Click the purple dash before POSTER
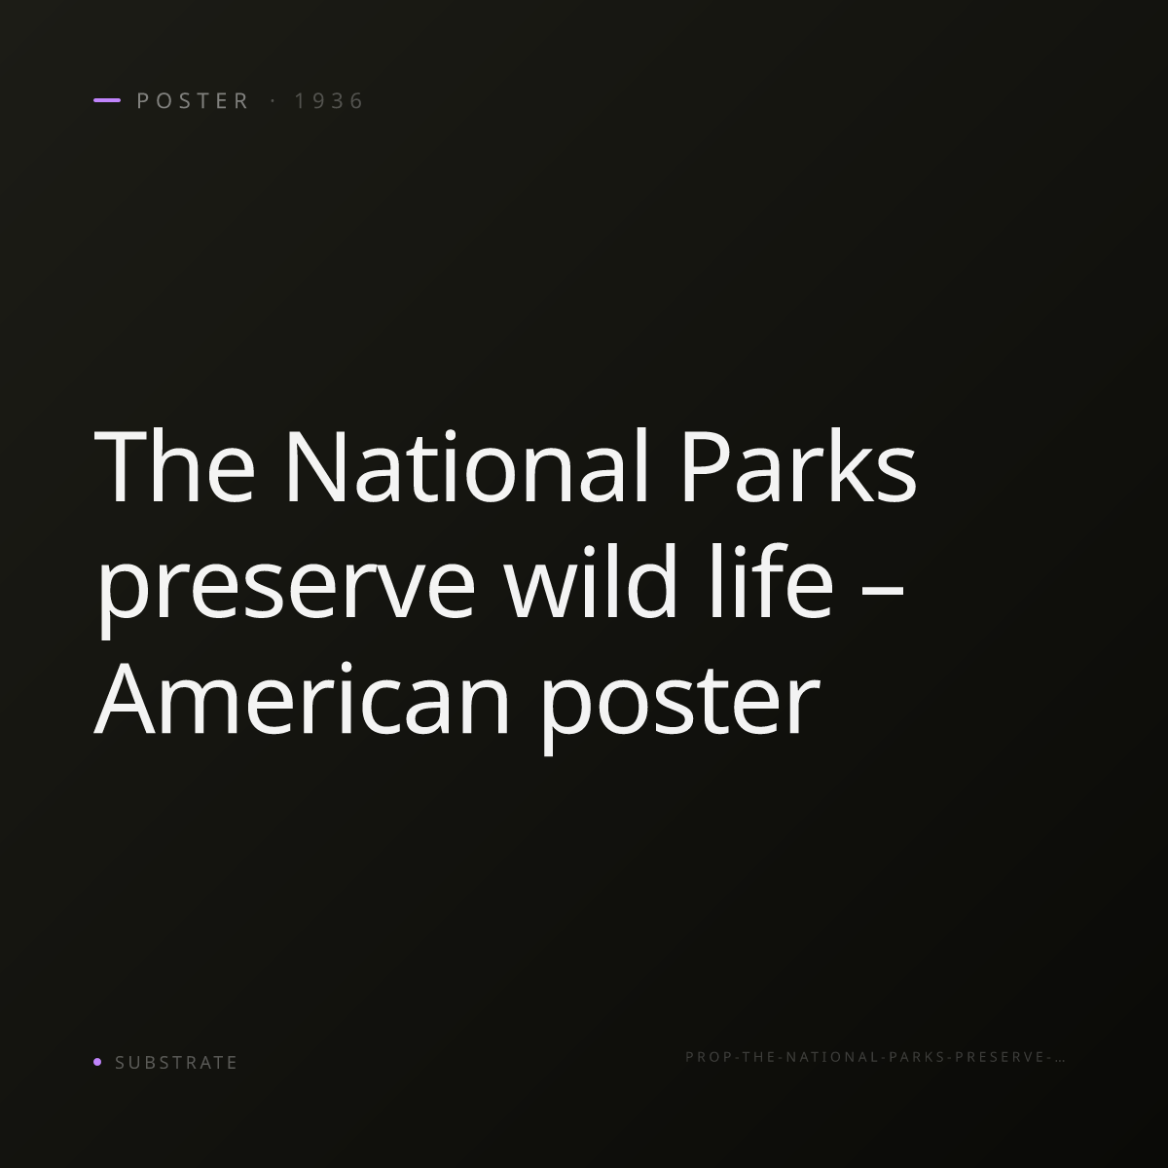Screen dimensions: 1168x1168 107,100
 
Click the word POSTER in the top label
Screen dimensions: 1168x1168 193,100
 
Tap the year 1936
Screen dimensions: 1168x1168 329,100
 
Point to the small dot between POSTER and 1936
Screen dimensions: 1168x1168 274,100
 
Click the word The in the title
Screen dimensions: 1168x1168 174,465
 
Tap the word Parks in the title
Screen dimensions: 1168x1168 799,465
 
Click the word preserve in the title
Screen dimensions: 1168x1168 286,589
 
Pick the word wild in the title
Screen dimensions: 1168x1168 591,581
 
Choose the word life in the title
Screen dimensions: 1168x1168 772,581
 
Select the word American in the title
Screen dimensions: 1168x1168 301,698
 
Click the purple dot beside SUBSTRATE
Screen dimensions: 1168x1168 97,1061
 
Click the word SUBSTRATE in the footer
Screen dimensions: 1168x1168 176,1063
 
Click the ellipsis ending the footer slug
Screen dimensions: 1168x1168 1060,1060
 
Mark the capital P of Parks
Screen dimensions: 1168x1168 705,465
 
